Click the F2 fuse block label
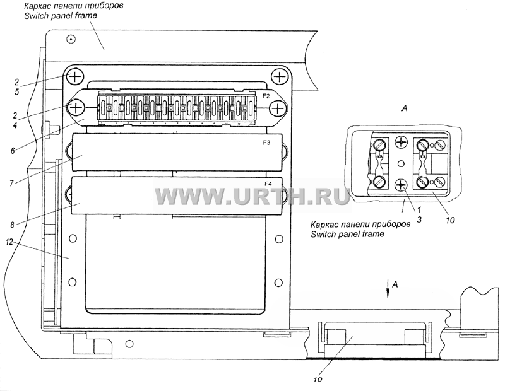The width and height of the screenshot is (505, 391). pyautogui.click(x=266, y=96)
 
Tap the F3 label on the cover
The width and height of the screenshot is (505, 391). pyautogui.click(x=266, y=143)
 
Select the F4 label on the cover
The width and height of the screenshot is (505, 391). pyautogui.click(x=268, y=184)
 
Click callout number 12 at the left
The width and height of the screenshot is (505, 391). pyautogui.click(x=9, y=242)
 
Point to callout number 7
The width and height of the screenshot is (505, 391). pyautogui.click(x=11, y=184)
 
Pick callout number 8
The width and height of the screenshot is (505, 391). pyautogui.click(x=12, y=225)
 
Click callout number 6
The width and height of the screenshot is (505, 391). pyautogui.click(x=13, y=150)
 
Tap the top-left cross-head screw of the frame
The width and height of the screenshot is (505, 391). pyautogui.click(x=75, y=77)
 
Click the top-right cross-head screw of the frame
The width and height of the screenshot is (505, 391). pyautogui.click(x=279, y=77)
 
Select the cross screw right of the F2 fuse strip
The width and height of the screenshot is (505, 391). pyautogui.click(x=277, y=108)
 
